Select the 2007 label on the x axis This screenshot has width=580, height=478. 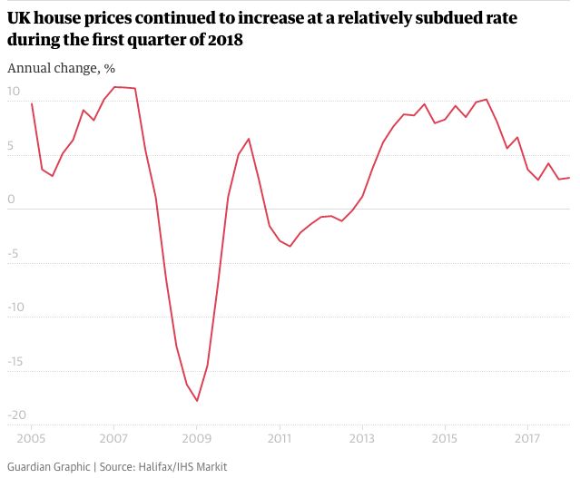pyautogui.click(x=113, y=439)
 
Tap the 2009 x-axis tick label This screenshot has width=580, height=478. pyautogui.click(x=197, y=439)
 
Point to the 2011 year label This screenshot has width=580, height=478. pyautogui.click(x=279, y=439)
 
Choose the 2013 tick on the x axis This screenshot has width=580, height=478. pyautogui.click(x=362, y=439)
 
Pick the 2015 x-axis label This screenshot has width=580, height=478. pyautogui.click(x=445, y=439)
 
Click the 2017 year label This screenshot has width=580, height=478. pyautogui.click(x=527, y=439)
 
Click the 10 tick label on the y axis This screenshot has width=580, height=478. pyautogui.click(x=14, y=92)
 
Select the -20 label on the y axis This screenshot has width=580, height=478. pyautogui.click(x=16, y=415)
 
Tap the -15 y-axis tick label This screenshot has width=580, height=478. pyautogui.click(x=16, y=362)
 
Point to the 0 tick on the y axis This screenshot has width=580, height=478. pyautogui.click(x=10, y=200)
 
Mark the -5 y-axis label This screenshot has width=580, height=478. pyautogui.click(x=14, y=254)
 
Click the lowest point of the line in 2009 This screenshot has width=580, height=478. pyautogui.click(x=197, y=401)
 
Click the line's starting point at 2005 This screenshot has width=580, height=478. pyautogui.click(x=32, y=103)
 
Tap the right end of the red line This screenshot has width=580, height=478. pyautogui.click(x=569, y=178)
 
